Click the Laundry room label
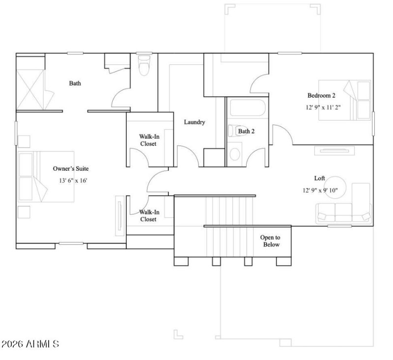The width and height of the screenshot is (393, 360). pos(195,122)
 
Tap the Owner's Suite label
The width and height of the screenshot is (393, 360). pos(71,168)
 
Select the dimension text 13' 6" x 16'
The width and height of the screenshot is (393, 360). pos(73,180)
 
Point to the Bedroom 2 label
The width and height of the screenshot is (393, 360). pos(321,95)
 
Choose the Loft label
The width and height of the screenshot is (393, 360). pos(320,179)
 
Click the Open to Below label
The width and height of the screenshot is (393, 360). pos(270,240)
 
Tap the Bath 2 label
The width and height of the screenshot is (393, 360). pos(247,131)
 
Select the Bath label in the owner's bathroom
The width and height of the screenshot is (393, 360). pos(75,84)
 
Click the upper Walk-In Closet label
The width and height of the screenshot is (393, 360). pos(148,140)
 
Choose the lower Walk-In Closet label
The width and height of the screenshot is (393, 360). pos(148,215)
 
